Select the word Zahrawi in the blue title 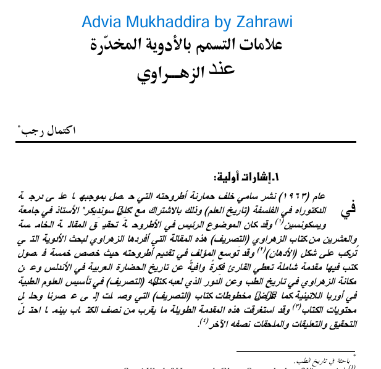click(266, 23)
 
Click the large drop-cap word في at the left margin click(349, 208)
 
